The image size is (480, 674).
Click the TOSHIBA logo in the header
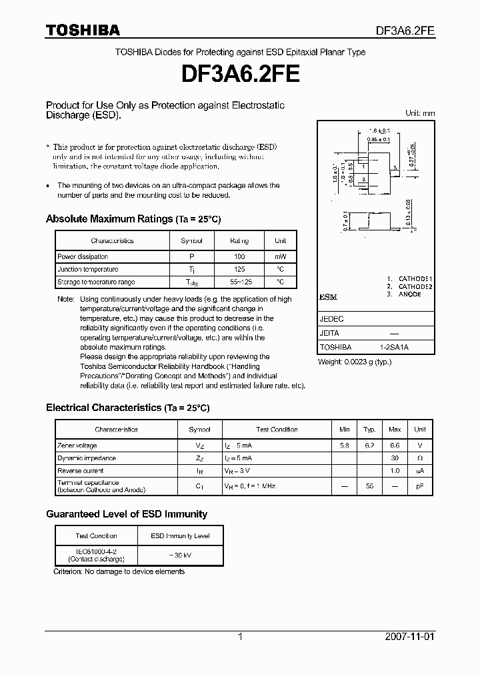[x=83, y=30]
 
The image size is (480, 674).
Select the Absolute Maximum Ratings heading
[x=133, y=219]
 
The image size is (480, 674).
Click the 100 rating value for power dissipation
[x=239, y=256]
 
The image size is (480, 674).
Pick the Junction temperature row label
[x=88, y=269]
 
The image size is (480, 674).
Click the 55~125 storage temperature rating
[x=239, y=282]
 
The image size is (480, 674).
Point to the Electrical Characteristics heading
[x=127, y=408]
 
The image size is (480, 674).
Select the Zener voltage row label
[x=77, y=446]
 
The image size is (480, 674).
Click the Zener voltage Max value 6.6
[x=395, y=446]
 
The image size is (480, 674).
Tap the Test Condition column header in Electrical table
[x=277, y=430]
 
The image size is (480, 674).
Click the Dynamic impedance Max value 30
[x=395, y=458]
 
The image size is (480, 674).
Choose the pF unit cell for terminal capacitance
[x=420, y=487]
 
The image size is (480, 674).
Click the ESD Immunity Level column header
[x=179, y=535]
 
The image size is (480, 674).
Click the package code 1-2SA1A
[x=394, y=348]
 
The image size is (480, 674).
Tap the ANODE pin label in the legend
[x=410, y=294]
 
